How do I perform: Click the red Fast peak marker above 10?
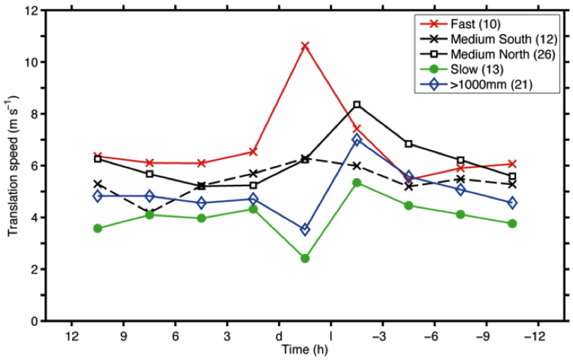coord(305,46)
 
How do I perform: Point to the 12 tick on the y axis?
coord(31,11)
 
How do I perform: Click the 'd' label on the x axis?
coord(279,335)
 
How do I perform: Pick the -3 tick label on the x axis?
coord(380,335)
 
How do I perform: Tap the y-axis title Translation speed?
coord(13,166)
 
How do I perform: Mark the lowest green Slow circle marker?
coord(305,258)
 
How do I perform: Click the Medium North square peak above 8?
coord(357,105)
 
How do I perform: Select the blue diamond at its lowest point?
coord(305,229)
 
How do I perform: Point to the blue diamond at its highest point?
coord(357,140)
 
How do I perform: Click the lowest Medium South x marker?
coord(149,213)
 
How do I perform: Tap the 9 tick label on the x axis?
coord(123,335)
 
